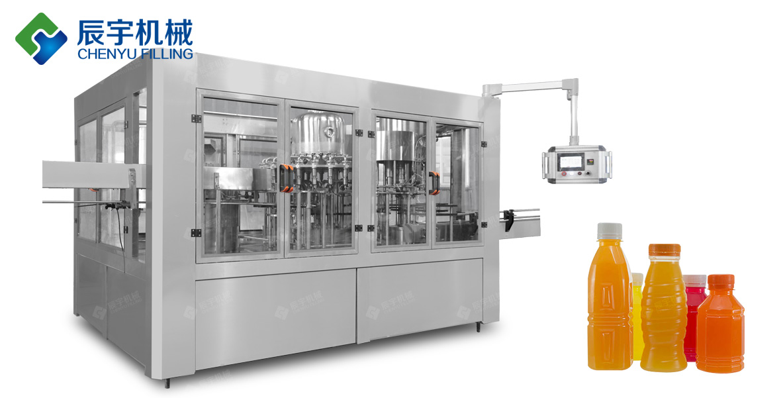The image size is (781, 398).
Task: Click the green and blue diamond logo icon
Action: click(x=41, y=38)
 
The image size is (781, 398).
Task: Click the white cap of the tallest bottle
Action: click(x=610, y=231)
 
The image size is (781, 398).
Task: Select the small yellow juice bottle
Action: click(x=637, y=316)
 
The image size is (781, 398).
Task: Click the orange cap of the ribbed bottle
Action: click(x=665, y=250)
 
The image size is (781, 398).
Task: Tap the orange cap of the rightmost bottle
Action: click(x=721, y=281)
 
